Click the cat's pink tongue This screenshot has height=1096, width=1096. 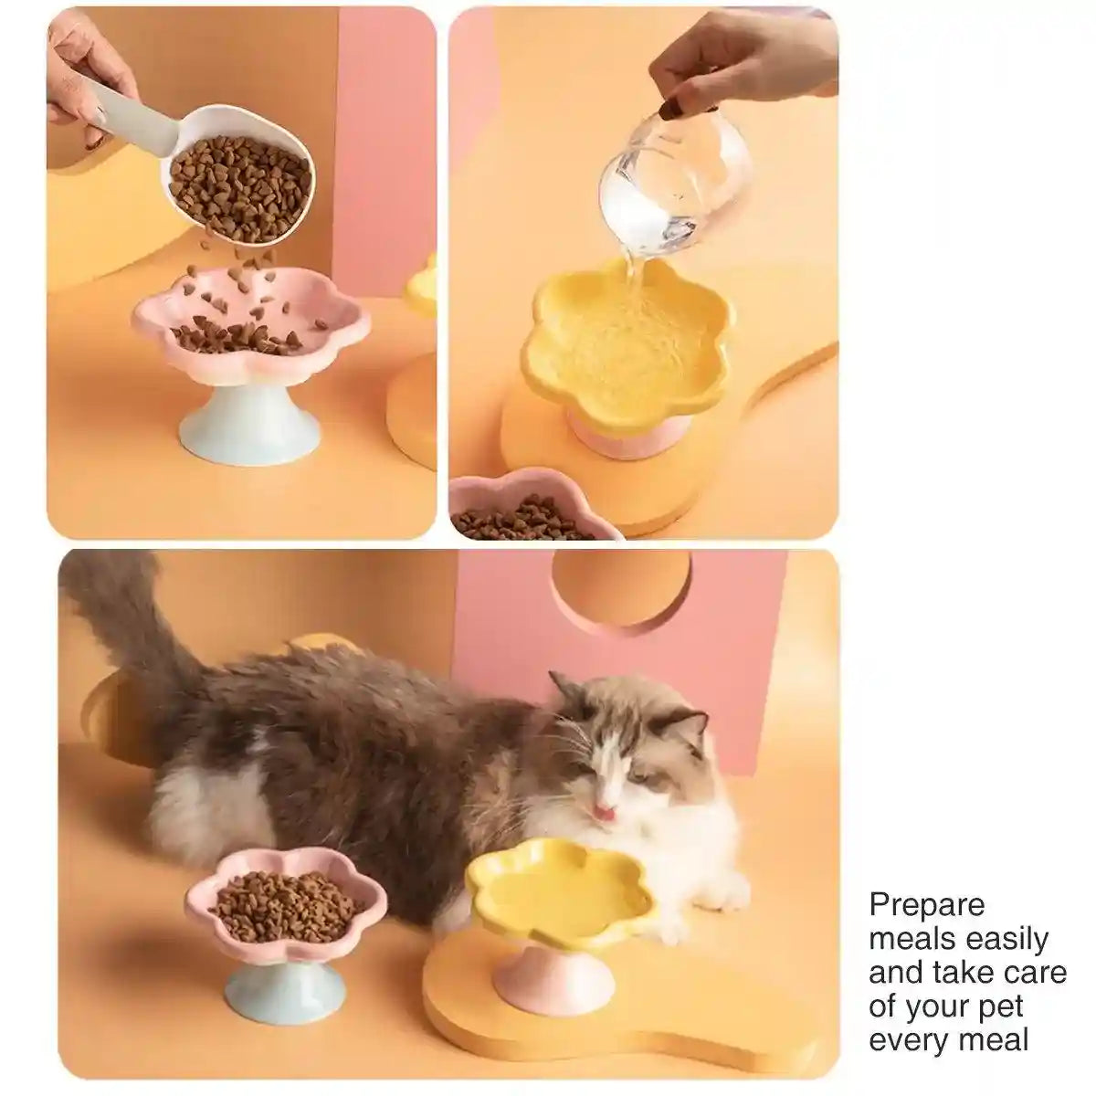pyautogui.click(x=603, y=811)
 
